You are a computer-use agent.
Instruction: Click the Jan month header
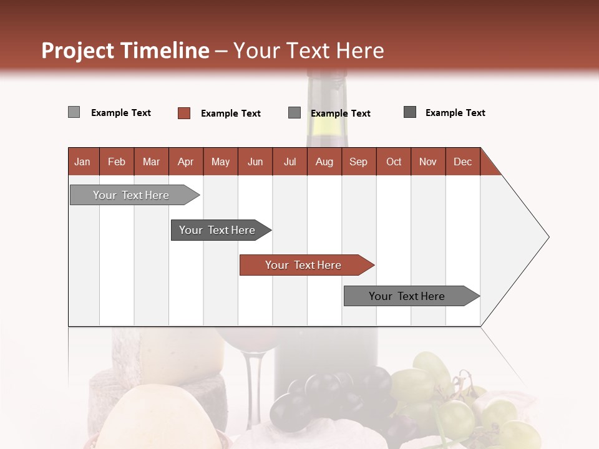click(83, 162)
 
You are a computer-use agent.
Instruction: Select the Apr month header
click(186, 162)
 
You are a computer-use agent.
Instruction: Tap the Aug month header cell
click(324, 162)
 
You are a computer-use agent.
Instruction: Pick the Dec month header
click(463, 162)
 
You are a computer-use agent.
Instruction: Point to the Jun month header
click(255, 162)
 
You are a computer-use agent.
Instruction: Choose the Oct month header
click(394, 162)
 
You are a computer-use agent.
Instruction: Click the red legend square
click(184, 113)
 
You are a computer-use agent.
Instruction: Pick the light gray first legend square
click(74, 112)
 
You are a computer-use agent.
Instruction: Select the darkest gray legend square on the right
click(410, 112)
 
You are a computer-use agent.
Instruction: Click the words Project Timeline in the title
click(125, 51)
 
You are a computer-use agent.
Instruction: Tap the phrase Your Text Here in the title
click(309, 51)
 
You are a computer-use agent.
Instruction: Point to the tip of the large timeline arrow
click(547, 237)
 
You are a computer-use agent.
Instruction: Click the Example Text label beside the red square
click(231, 113)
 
